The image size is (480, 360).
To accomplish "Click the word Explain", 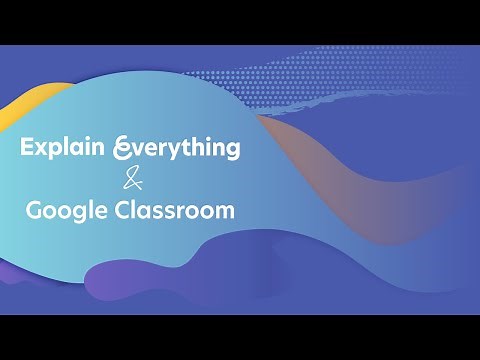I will pos(65,149).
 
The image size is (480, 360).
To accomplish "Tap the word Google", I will pos(67,211).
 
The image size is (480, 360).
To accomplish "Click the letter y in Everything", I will pos(182,152).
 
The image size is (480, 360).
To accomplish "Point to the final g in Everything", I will pos(232,152).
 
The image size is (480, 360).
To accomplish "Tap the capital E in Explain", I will pos(27,148).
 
